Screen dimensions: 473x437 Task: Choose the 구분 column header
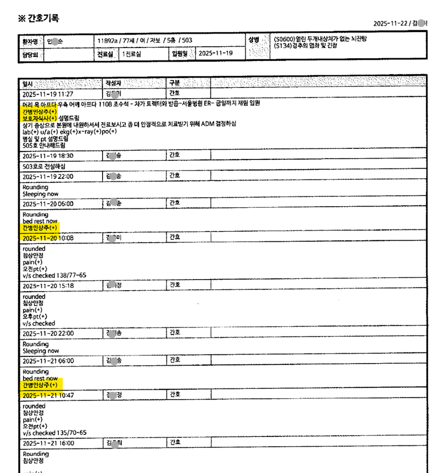175,83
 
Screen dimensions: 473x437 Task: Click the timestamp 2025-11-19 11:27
48,93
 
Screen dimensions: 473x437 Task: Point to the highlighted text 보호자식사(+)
40,117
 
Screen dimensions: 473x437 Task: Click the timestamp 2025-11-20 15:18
48,286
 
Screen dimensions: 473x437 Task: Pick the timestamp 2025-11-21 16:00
48,443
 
